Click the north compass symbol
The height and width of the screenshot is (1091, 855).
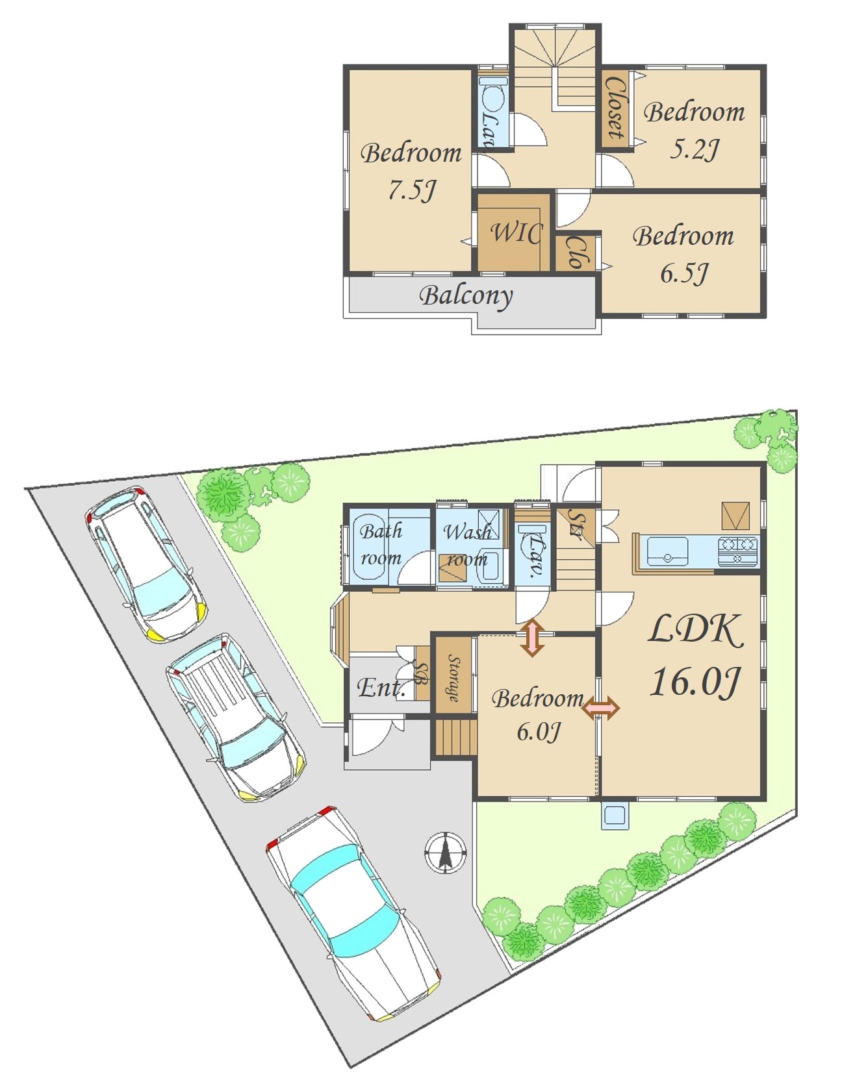click(446, 853)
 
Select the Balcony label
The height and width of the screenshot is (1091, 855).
click(466, 296)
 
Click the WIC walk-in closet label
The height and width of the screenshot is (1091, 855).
click(516, 232)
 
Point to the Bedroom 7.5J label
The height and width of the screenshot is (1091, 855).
click(411, 171)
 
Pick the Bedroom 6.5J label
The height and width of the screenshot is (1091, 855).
click(683, 254)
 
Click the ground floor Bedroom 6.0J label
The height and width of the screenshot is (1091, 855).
click(538, 714)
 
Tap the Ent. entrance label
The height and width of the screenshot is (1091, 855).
click(381, 688)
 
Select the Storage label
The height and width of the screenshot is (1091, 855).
click(453, 679)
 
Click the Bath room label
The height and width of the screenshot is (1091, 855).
click(381, 544)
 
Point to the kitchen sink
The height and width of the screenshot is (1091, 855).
click(667, 551)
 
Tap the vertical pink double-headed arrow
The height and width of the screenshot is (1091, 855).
click(532, 638)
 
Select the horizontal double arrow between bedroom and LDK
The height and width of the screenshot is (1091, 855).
click(601, 708)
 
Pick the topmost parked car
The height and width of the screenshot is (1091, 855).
click(146, 564)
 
